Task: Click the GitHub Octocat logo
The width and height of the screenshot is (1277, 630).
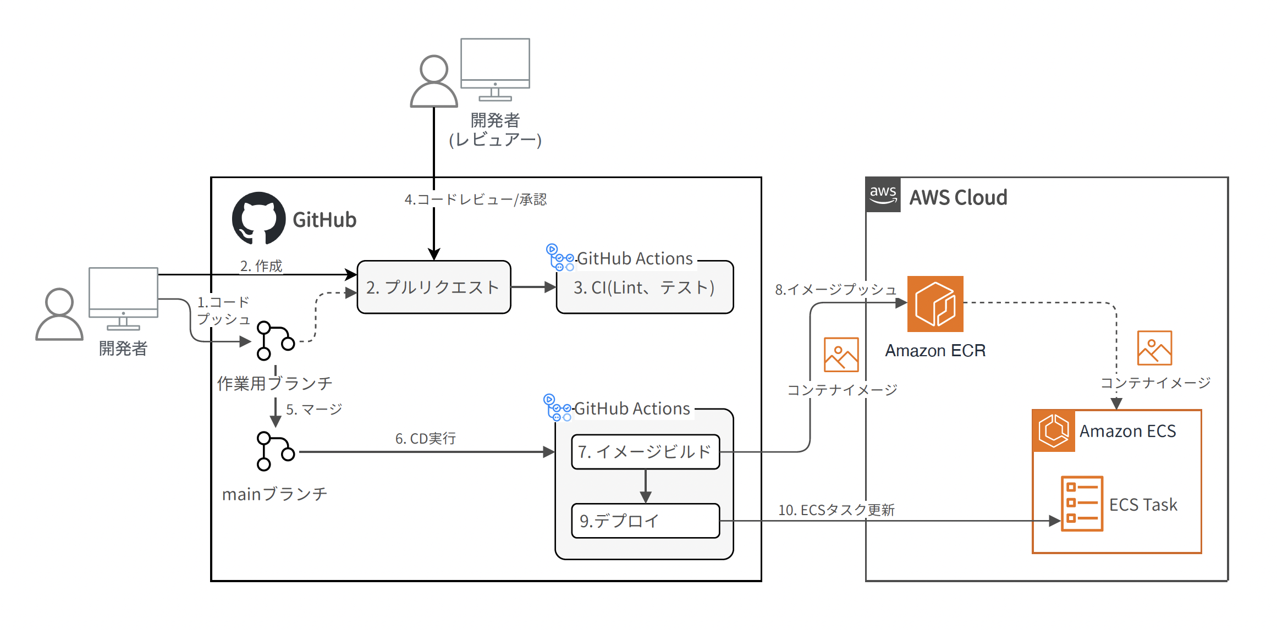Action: click(x=258, y=219)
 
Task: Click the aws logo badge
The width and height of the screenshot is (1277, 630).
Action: click(x=883, y=195)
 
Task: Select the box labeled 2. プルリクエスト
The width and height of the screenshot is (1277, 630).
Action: click(x=433, y=287)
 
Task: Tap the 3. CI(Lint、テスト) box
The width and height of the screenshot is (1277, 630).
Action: click(x=644, y=287)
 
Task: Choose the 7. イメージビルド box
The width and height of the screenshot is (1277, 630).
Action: click(x=645, y=452)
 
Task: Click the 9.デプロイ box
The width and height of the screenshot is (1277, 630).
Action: click(x=645, y=520)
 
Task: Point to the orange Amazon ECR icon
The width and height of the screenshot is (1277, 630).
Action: click(x=935, y=303)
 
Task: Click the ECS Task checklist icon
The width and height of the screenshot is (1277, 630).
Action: click(x=1082, y=503)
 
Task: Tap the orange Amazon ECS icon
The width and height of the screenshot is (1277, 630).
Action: click(x=1053, y=430)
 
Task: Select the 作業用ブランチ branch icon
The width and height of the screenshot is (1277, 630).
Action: click(x=275, y=341)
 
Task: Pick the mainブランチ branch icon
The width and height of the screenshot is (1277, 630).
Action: click(x=275, y=451)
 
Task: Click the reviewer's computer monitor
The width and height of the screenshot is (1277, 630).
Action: click(x=495, y=69)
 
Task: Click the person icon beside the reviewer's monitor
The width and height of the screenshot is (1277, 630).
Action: click(x=434, y=81)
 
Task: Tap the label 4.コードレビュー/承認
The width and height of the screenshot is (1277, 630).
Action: click(x=475, y=199)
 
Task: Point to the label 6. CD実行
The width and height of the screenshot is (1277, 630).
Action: click(x=425, y=438)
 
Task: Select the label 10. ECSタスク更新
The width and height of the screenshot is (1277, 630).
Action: click(x=836, y=510)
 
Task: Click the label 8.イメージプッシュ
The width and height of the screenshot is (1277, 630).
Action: click(x=835, y=289)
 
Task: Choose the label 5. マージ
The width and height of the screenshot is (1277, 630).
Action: click(x=313, y=409)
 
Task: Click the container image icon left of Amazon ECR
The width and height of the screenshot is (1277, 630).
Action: click(x=841, y=355)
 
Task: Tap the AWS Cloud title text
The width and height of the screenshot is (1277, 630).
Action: click(x=958, y=197)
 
